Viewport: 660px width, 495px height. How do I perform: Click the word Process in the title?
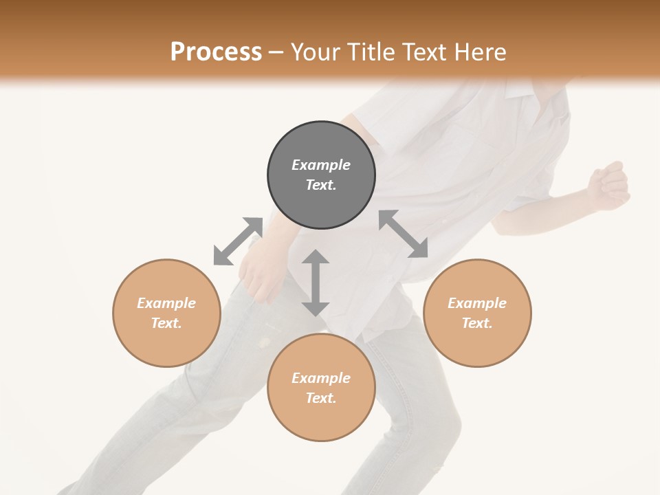216,52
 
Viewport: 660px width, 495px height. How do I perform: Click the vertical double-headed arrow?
316,283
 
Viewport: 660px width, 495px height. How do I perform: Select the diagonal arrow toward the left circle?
238,241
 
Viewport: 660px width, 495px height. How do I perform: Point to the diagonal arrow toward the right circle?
403,234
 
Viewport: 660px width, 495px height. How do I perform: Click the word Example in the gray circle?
321,165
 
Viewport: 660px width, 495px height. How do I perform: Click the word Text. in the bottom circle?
321,398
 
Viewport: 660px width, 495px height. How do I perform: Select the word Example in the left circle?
166,303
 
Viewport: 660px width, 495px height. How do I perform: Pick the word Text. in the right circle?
477,323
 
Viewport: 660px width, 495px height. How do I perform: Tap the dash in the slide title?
276,53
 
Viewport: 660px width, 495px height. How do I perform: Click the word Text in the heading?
421,52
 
